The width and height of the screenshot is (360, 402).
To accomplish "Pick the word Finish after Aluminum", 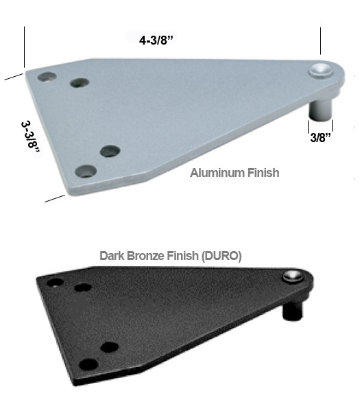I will point(262,173).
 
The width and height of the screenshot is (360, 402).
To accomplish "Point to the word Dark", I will point(112,256).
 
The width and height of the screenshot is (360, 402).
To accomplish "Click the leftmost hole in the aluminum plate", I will point(47,77).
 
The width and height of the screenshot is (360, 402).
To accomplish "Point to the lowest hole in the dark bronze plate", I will point(86,363).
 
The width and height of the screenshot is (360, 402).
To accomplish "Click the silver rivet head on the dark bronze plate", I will point(291,276).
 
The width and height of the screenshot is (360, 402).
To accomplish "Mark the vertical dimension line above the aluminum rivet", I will point(320,42).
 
